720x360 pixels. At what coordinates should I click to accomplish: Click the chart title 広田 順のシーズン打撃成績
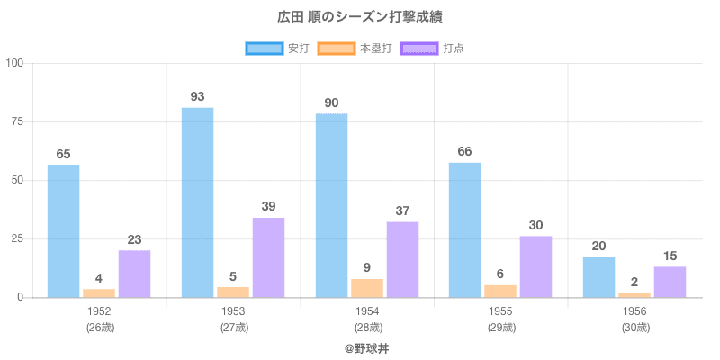point(360,17)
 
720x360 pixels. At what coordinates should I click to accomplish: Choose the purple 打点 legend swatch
point(419,48)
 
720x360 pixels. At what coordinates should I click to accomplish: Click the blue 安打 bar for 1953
point(197,202)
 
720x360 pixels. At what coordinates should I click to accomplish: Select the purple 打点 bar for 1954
point(402,259)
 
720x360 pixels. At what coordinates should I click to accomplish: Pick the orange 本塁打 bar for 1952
point(99,292)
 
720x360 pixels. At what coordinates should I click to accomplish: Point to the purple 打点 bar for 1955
point(535,266)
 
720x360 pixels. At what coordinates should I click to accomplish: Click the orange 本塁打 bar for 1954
point(366,288)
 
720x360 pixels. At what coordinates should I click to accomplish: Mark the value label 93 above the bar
point(197,96)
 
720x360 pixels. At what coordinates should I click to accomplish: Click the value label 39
point(268,206)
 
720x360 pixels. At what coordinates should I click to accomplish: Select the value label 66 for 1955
point(464,151)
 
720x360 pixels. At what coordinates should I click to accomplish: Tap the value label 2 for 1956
point(634,282)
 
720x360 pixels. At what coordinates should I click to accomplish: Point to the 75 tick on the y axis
point(22,121)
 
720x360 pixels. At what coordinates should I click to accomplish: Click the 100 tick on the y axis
point(19,63)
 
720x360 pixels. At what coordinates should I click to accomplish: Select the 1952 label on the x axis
point(99,311)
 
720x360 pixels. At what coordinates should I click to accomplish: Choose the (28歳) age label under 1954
point(367,328)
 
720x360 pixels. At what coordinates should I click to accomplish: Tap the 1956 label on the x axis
point(634,311)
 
